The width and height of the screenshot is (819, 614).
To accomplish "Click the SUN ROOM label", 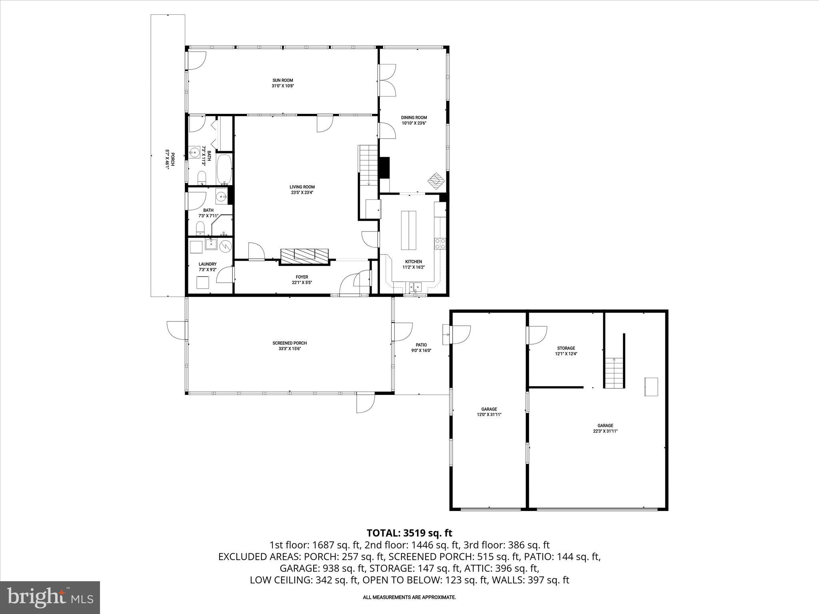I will tap(283, 80).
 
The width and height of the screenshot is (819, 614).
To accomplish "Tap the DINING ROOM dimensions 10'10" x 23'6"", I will tap(414, 123).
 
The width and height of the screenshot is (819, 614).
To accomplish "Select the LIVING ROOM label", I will tap(302, 187).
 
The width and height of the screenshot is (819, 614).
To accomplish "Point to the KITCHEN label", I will tap(413, 261).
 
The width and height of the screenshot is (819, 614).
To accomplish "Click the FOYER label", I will tap(302, 277).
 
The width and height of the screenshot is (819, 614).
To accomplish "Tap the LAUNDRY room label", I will tap(207, 264).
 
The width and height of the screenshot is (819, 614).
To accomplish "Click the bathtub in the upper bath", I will tap(224, 169).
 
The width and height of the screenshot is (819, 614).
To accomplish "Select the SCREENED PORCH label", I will tap(290, 343).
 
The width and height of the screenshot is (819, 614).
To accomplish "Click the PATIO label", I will tap(421, 345).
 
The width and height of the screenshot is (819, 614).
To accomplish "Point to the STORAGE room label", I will tap(566, 348).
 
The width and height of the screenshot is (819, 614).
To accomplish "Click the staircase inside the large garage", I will tap(614, 373).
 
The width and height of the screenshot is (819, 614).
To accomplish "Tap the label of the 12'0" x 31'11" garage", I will tap(489, 409).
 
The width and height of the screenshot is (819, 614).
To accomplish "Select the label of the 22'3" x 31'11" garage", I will tap(605, 425).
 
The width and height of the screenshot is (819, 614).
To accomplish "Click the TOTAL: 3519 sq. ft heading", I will tap(409, 533).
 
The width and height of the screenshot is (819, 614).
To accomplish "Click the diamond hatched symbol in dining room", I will tap(436, 181).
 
